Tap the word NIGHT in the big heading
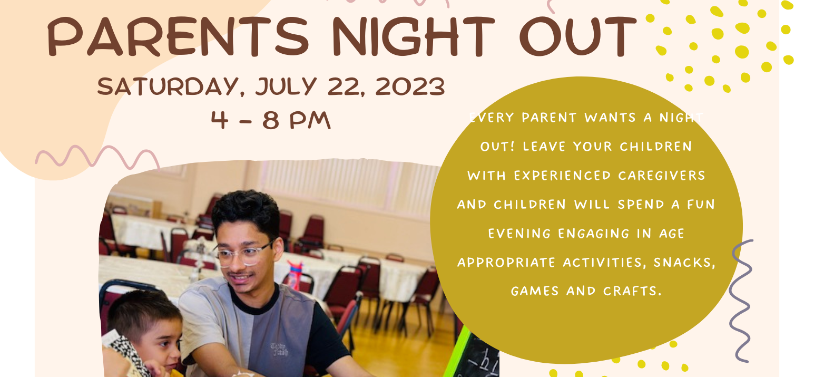(x=414, y=36)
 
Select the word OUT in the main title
(x=578, y=36)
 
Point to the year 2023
(x=410, y=86)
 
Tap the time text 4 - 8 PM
(x=271, y=120)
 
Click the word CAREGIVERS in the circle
(x=661, y=176)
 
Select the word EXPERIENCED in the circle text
(x=562, y=176)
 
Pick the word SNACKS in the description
(x=684, y=263)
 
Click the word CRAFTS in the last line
(x=632, y=291)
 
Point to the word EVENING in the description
(x=519, y=234)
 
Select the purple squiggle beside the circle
(x=741, y=301)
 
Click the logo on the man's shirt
(x=279, y=350)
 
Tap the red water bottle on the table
(x=296, y=275)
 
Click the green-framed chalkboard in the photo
(x=473, y=354)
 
